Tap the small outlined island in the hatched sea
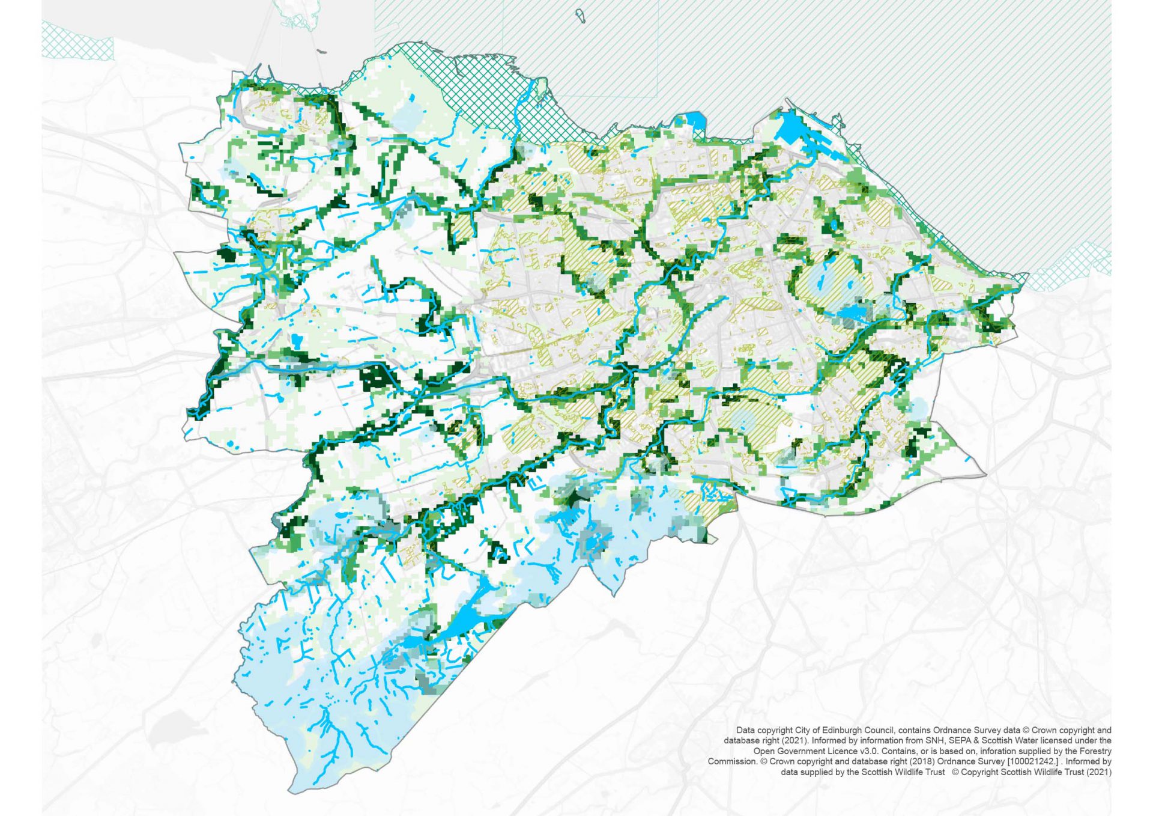point(580,16)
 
